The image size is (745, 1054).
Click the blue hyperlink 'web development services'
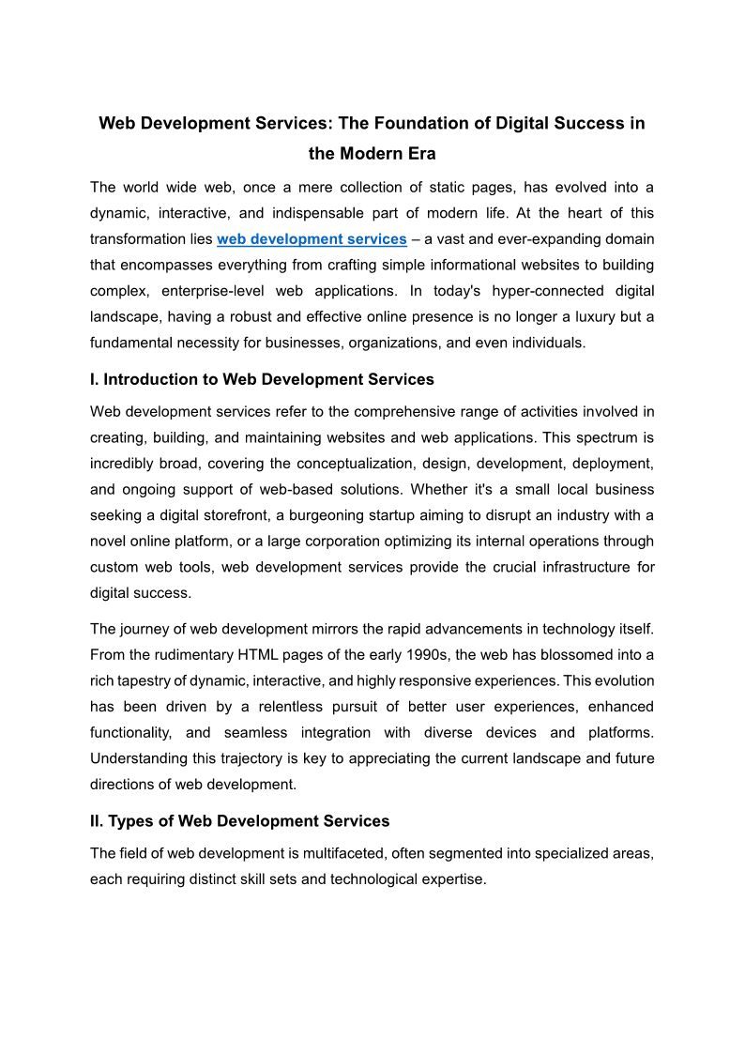tap(312, 239)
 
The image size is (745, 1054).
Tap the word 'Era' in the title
tap(420, 153)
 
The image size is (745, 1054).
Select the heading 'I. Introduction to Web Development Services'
tap(262, 380)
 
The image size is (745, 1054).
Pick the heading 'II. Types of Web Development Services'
tap(239, 821)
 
